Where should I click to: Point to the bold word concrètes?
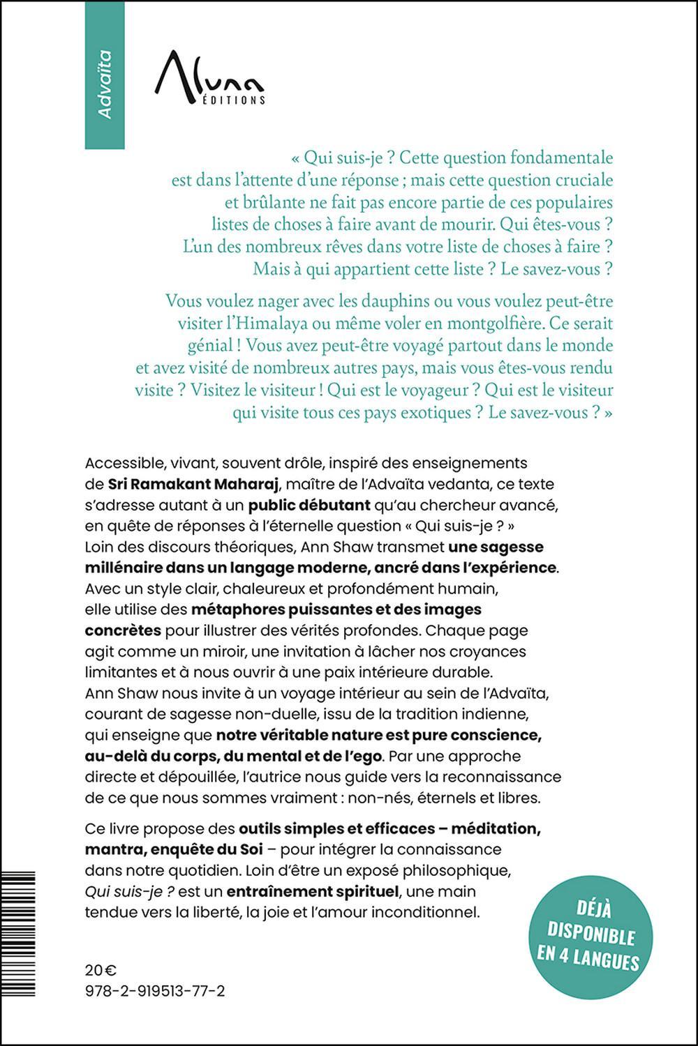point(123,630)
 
